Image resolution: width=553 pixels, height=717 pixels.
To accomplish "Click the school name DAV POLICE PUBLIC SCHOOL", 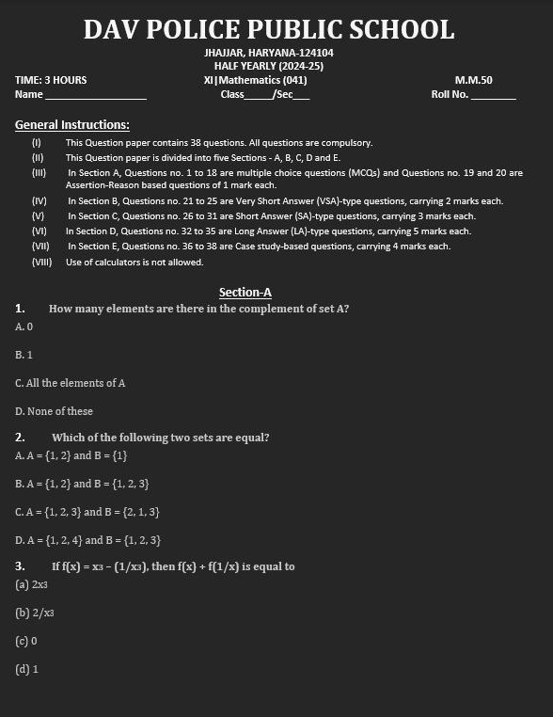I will (268, 29).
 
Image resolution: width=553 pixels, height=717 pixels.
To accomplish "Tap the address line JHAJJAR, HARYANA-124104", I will (268, 53).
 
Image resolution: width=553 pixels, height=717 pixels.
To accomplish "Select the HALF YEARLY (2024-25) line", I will (268, 66).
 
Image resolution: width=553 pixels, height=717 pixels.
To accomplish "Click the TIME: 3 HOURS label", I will (51, 80).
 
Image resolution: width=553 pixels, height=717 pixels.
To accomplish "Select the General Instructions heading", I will (72, 124).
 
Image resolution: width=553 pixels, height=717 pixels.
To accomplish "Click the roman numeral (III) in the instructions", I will (39, 173).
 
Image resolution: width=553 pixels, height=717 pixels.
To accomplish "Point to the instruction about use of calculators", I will (134, 262).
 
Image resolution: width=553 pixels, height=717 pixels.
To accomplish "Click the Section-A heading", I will (245, 292).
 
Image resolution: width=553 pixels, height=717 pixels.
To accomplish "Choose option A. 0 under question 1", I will (24, 327).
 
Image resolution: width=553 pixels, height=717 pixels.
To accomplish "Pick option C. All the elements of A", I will (71, 383).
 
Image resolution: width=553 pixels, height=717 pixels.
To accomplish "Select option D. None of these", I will (55, 411).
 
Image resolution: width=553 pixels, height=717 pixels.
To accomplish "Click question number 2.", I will (20, 438).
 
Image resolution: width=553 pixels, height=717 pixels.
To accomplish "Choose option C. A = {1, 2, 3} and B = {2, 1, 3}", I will (87, 512).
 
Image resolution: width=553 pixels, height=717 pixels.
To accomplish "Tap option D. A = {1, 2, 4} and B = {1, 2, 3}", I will (88, 540).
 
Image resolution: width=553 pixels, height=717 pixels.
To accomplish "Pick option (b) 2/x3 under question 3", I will (35, 613).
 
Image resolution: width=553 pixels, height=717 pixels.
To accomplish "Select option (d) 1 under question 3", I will (26, 669).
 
